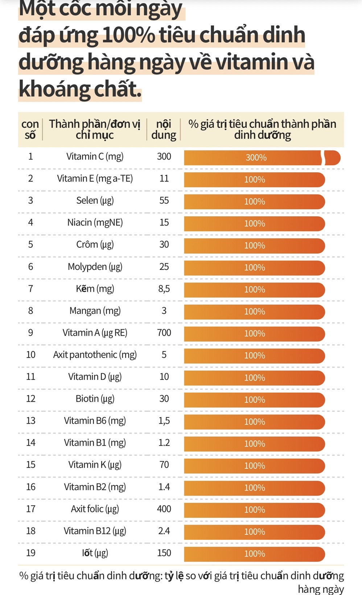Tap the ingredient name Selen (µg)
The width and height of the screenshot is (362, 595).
pyautogui.click(x=95, y=201)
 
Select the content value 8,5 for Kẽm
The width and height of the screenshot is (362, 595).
pyautogui.click(x=164, y=289)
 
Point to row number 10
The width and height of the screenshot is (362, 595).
pyautogui.click(x=31, y=355)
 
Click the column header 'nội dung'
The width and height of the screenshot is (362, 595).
pyautogui.click(x=164, y=130)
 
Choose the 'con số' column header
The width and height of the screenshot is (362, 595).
pyautogui.click(x=30, y=130)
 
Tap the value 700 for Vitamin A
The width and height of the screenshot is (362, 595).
pyautogui.click(x=164, y=333)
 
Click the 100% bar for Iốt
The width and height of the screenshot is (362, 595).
pyautogui.click(x=254, y=554)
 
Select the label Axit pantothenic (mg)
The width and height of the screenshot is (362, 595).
pyautogui.click(x=95, y=355)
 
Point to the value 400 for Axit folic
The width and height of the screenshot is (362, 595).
pyautogui.click(x=164, y=509)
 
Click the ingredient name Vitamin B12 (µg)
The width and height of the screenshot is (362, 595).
pyautogui.click(x=95, y=531)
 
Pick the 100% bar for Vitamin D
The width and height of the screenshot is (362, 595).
pyautogui.click(x=254, y=378)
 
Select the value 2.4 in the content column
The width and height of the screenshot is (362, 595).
pyautogui.click(x=164, y=531)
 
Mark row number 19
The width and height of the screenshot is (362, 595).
pyautogui.click(x=31, y=553)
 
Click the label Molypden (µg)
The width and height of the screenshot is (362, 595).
pyautogui.click(x=95, y=267)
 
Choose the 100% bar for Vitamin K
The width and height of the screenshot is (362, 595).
pyautogui.click(x=254, y=466)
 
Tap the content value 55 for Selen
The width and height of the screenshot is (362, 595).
pyautogui.click(x=164, y=201)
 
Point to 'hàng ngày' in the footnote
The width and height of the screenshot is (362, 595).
pyautogui.click(x=321, y=589)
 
